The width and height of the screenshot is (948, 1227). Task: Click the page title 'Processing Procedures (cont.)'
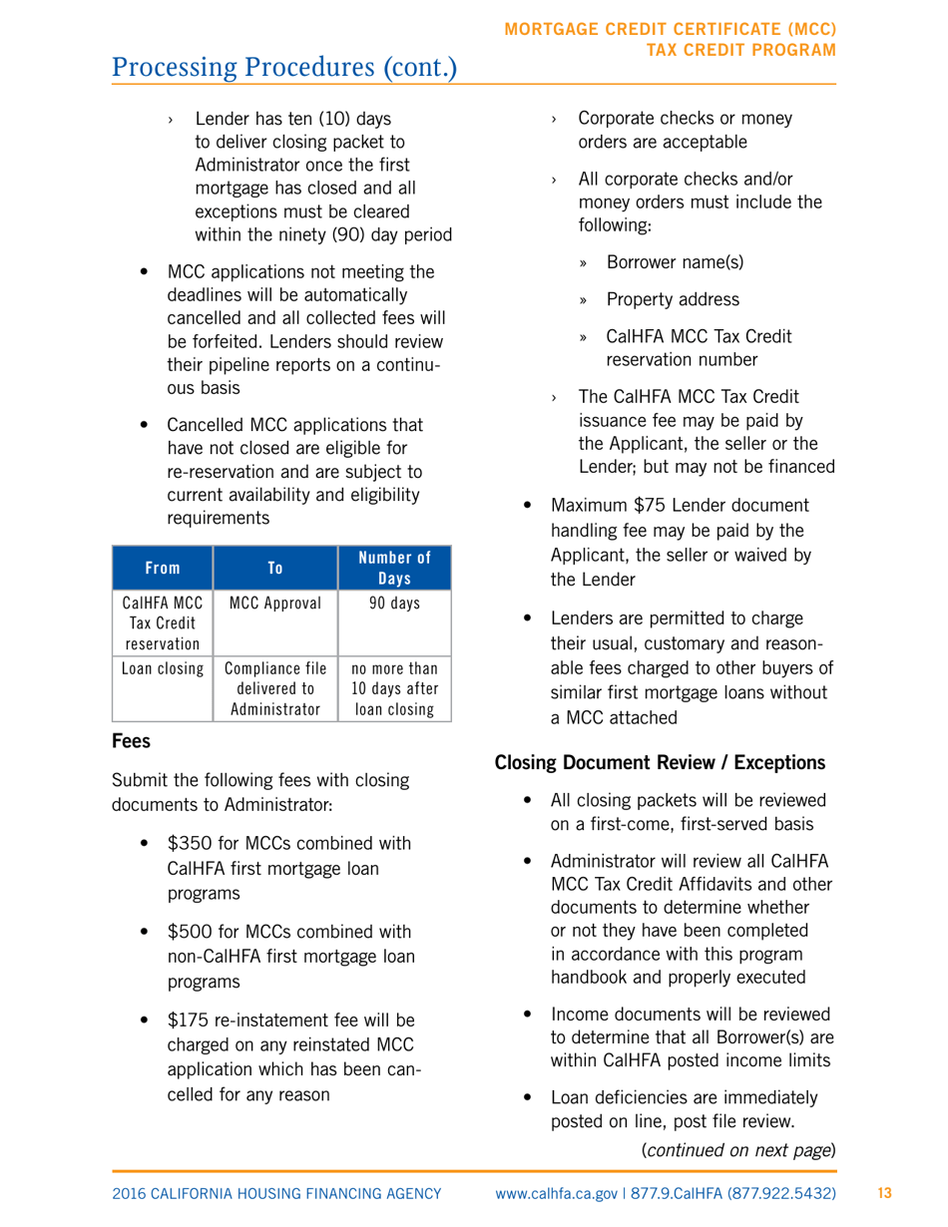285,68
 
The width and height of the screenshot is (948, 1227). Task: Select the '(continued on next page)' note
737,1150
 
